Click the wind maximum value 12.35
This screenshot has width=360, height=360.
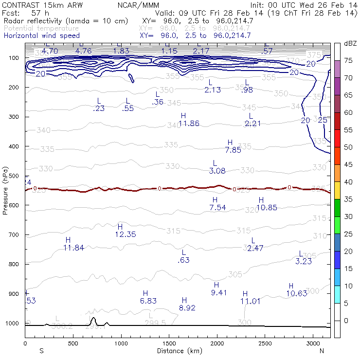click(125, 234)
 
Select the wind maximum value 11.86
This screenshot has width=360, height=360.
click(189, 123)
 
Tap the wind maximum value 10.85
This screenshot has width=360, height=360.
click(267, 208)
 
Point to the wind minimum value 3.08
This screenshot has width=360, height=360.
click(217, 171)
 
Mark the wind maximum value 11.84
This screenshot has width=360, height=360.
click(73, 248)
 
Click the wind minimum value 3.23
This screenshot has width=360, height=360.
click(303, 261)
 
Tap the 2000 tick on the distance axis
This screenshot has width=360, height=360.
click(217, 343)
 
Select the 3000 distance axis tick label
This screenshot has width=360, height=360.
click(313, 343)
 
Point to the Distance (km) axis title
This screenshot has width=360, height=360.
click(178, 350)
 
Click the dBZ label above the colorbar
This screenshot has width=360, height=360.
click(350, 44)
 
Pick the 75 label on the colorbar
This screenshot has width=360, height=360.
click(349, 60)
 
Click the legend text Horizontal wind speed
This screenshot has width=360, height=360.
click(41, 36)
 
